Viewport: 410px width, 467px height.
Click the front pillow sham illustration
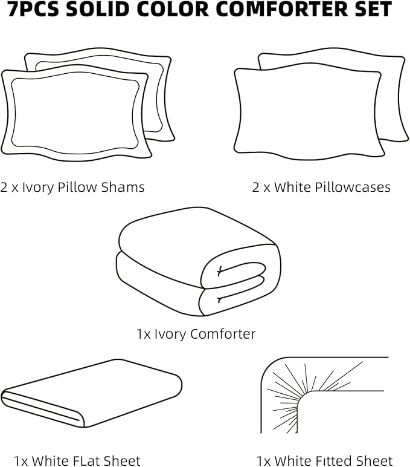coord(75,113)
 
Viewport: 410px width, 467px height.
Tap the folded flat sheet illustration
coord(91,393)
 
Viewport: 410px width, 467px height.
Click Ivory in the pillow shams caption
coord(38,188)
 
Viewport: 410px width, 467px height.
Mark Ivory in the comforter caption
coord(171,334)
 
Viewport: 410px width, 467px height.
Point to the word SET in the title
coord(371,10)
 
